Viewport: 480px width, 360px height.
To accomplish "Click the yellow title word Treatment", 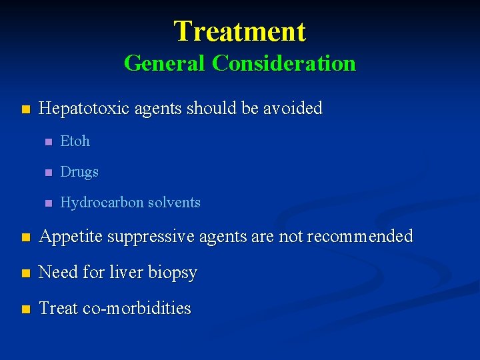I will (240, 31).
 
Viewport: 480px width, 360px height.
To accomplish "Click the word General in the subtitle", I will (165, 63).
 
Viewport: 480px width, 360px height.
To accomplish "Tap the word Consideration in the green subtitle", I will (284, 63).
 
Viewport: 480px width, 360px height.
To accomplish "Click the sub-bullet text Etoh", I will (75, 141).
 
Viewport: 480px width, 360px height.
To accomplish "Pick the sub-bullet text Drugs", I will (79, 172).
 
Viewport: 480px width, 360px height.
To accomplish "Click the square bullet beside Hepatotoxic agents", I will (25, 109).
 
